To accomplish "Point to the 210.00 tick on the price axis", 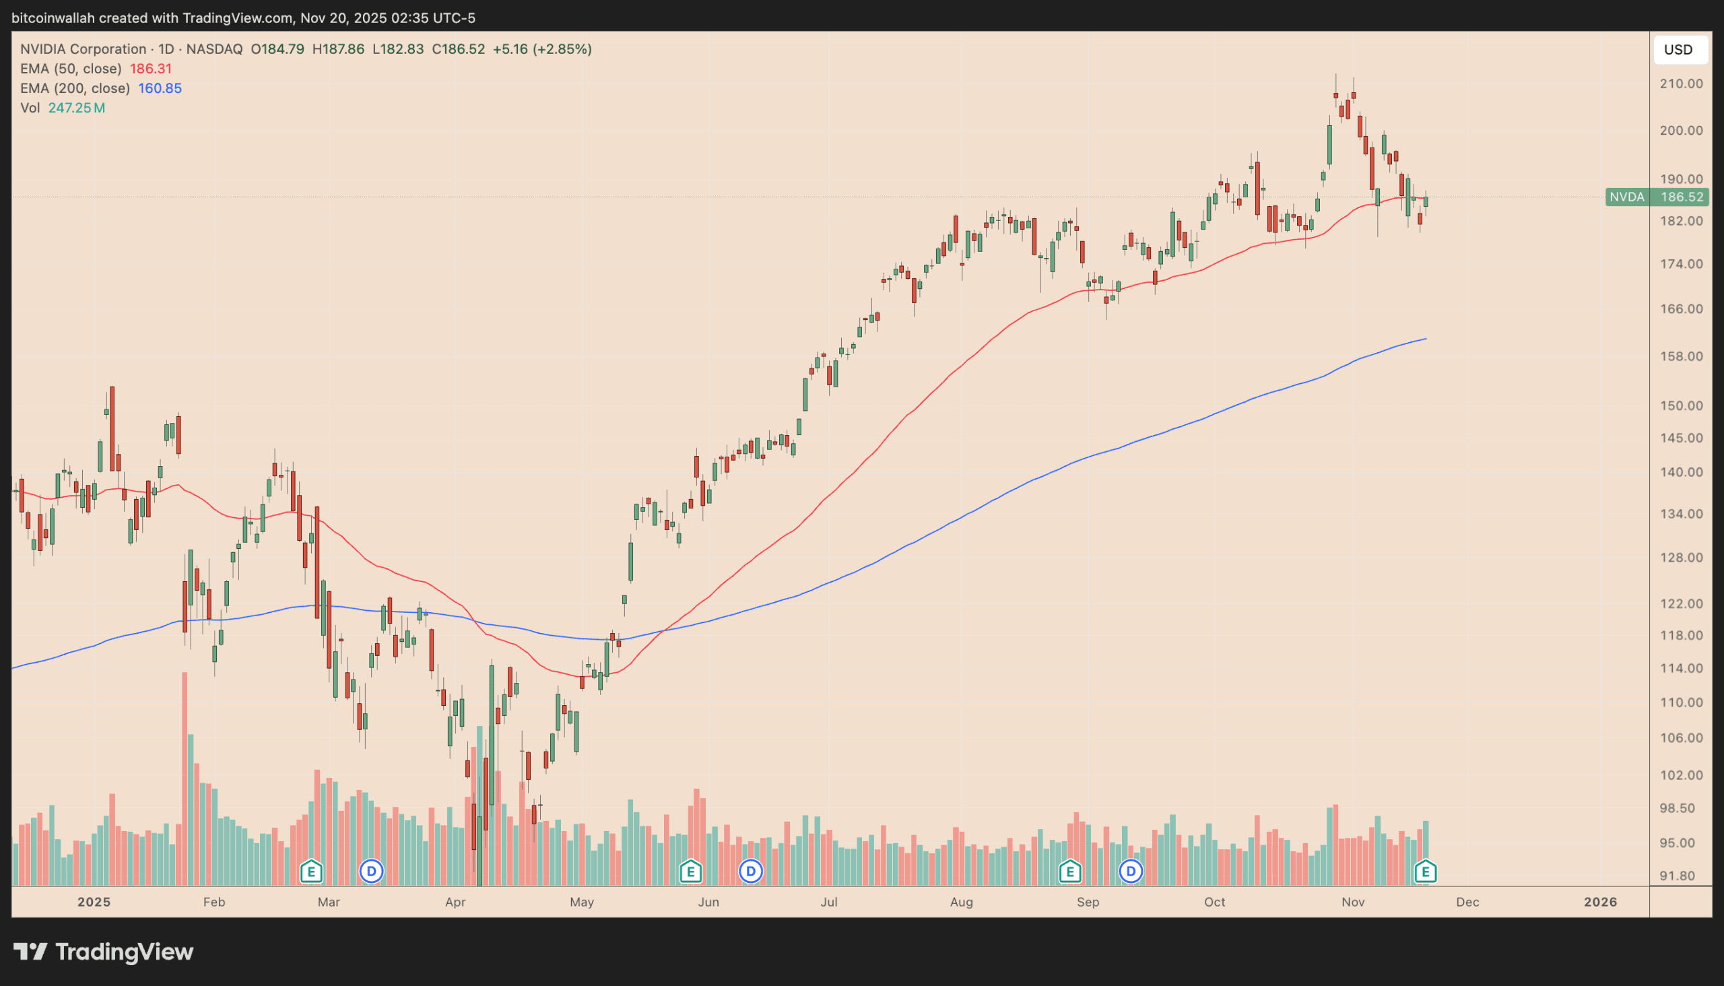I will click(1681, 84).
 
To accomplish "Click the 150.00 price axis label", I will click(1681, 405).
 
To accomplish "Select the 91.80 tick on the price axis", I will click(1681, 876).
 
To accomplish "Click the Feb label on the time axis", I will click(214, 902).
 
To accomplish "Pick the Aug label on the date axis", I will click(961, 902).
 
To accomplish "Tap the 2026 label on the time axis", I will click(1600, 902).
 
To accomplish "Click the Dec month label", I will click(1467, 902).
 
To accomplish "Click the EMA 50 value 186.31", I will click(150, 69).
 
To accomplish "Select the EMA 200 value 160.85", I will click(160, 88).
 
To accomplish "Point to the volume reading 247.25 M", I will click(77, 108).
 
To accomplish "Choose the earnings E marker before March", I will click(311, 872).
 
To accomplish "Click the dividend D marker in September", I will click(1131, 872).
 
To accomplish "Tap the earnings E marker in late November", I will click(1426, 872).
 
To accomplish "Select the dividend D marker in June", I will click(750, 872).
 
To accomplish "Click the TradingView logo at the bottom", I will click(104, 952).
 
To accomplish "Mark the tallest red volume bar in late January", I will click(184, 779).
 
